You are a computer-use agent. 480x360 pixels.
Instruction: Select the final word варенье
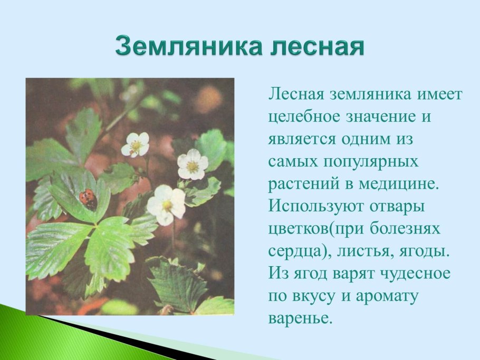pyautogui.click(x=301, y=318)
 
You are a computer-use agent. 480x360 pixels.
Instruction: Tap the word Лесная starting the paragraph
pyautogui.click(x=296, y=94)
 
